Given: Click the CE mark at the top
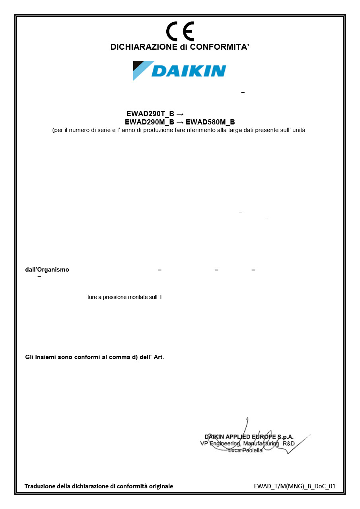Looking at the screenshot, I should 180,31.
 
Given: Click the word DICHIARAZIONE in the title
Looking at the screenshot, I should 144,47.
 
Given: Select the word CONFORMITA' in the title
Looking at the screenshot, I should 219,47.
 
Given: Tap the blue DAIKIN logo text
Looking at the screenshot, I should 189,71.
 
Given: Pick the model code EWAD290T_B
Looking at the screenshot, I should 150,114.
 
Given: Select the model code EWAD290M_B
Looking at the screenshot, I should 149,122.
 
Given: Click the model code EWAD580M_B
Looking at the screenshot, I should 210,122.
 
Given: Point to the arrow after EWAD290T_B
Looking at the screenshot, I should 179,114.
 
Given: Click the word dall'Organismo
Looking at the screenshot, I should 47,270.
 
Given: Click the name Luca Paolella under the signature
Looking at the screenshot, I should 245,450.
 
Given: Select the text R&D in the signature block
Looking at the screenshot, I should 288,443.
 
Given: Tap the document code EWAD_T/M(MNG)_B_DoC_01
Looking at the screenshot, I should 294,486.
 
